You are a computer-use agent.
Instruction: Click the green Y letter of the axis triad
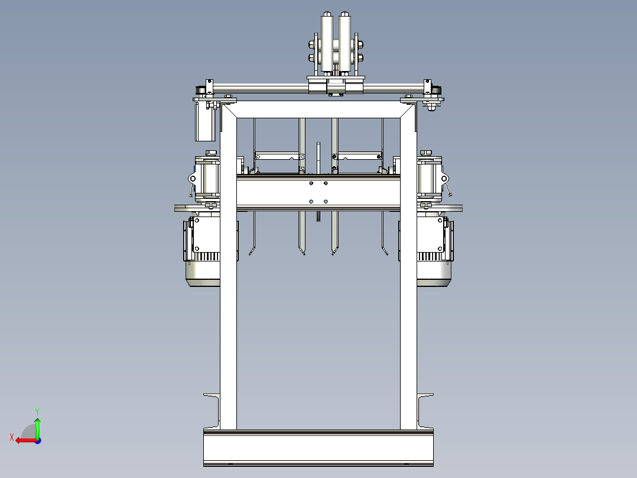[x=37, y=410]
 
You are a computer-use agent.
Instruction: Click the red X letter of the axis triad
[x=11, y=437]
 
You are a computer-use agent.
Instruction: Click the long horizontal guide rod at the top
[x=266, y=88]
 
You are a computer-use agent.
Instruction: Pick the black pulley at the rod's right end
[x=436, y=90]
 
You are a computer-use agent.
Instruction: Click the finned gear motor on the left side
[x=203, y=251]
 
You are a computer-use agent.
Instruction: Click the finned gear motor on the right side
[x=435, y=251]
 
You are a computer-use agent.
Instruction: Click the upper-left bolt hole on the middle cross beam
[x=311, y=183]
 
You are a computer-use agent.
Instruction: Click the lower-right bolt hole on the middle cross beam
[x=326, y=201]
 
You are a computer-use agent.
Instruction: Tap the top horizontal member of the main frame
[x=318, y=109]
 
